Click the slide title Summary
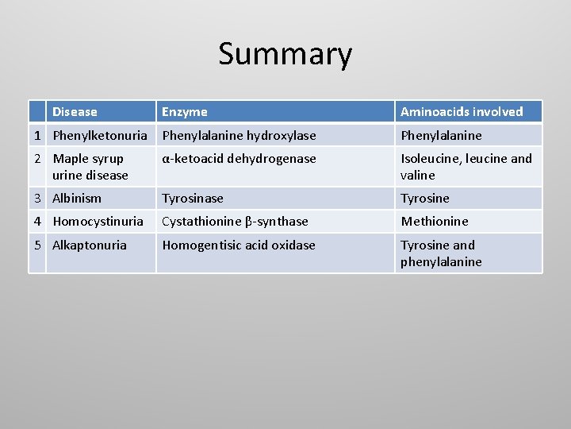(285, 54)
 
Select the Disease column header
(75, 112)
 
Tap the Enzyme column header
(185, 112)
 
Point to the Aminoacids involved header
(462, 112)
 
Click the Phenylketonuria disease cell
(100, 136)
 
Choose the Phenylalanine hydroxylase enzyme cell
(239, 136)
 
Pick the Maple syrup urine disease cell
(90, 167)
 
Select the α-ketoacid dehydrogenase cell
(239, 159)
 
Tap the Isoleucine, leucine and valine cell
(466, 167)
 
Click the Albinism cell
(77, 199)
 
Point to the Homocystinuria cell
(98, 222)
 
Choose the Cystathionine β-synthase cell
(235, 222)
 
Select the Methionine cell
(434, 222)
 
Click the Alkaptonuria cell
(90, 245)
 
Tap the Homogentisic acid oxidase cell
(238, 245)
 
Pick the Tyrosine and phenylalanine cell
(441, 253)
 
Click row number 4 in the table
(37, 222)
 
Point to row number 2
(37, 159)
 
